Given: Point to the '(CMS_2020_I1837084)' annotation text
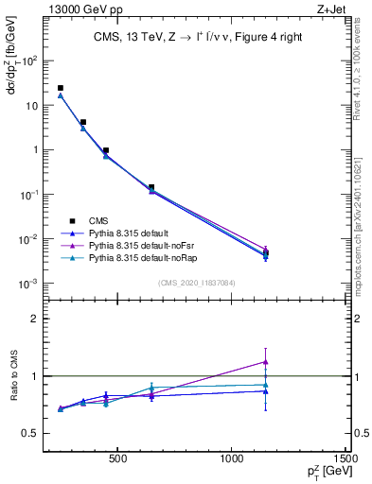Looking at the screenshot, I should click(196, 282).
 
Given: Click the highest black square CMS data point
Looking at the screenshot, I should click(61, 88).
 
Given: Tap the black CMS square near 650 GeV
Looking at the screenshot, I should click(151, 187).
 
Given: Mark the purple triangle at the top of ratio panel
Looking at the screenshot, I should click(266, 361).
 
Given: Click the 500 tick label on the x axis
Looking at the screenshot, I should click(117, 460).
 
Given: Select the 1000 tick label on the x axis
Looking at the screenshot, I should click(232, 460).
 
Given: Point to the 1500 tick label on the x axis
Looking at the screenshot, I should click(346, 460).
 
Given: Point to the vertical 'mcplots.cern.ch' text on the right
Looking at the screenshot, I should click(363, 227).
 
